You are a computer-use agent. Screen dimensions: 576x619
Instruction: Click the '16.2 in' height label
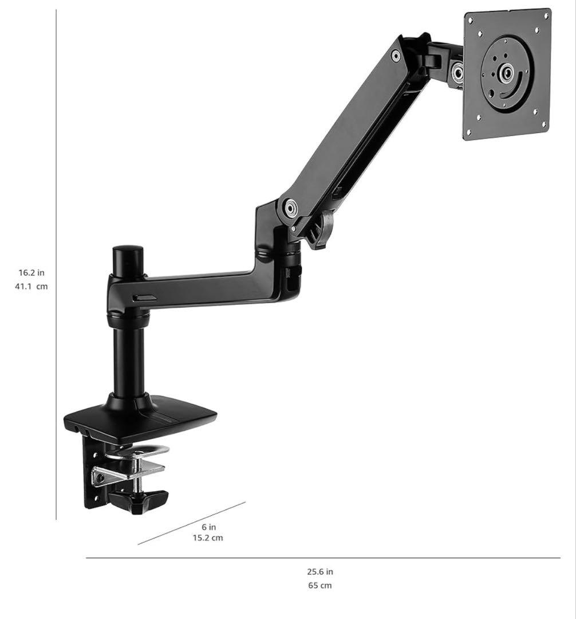click(x=31, y=272)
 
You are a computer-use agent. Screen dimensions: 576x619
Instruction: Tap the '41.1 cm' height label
click(x=31, y=287)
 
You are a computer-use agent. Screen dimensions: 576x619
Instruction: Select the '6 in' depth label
click(x=209, y=527)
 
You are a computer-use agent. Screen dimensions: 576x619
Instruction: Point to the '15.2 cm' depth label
click(x=208, y=538)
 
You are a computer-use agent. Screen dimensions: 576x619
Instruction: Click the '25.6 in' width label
click(x=320, y=571)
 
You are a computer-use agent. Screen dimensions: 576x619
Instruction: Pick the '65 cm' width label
click(x=320, y=585)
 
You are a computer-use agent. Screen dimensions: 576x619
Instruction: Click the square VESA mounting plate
click(x=507, y=73)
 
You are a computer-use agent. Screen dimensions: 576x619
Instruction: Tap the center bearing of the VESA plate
click(x=506, y=73)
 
